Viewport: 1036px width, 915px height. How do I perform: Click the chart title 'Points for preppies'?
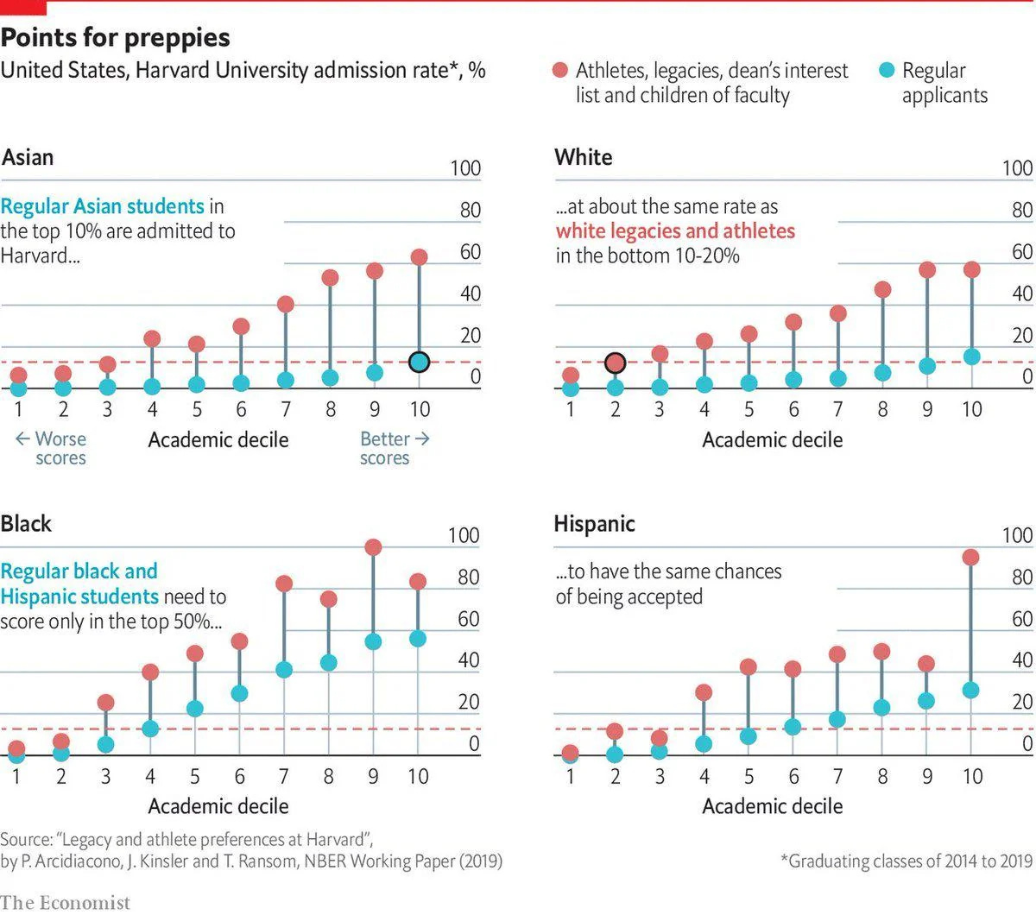(116, 37)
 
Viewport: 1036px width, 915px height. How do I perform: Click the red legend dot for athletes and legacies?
(560, 70)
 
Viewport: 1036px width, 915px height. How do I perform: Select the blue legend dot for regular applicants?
(887, 70)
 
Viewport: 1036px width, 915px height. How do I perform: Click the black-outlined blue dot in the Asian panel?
(419, 363)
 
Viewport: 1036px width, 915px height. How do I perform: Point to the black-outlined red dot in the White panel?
(615, 363)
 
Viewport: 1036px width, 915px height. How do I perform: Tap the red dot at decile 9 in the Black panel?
(373, 547)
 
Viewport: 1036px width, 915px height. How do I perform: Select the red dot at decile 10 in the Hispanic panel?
(971, 558)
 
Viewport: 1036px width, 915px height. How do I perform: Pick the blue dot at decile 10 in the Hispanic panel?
(971, 690)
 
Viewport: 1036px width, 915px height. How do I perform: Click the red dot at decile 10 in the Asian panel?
(419, 257)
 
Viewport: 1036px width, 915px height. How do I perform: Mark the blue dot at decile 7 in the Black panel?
(284, 670)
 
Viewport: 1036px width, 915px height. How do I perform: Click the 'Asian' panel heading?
(28, 157)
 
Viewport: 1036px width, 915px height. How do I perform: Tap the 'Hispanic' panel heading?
(594, 524)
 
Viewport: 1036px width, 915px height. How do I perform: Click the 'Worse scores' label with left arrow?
(52, 448)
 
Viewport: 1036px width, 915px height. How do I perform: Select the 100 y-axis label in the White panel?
(1017, 168)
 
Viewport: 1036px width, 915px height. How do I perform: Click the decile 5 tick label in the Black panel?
(195, 777)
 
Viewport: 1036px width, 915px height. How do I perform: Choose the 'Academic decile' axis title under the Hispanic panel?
(772, 806)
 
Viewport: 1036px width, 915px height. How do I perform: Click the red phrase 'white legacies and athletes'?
(675, 231)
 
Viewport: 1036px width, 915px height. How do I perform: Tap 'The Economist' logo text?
(66, 902)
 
